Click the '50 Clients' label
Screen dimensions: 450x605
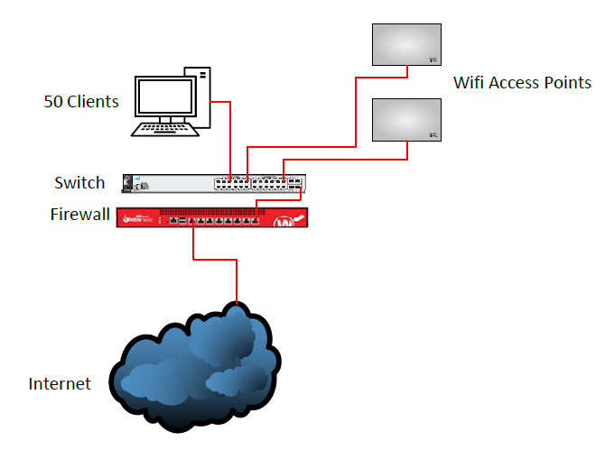[x=81, y=102]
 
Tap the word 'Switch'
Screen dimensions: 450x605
[x=79, y=183]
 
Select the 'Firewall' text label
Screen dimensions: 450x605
[x=79, y=215]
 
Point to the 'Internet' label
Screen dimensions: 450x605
[x=60, y=384]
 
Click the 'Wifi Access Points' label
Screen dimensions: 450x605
[x=522, y=83]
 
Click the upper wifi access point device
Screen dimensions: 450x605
[x=407, y=43]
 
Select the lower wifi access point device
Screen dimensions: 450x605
[x=407, y=119]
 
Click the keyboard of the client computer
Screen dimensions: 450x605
[x=165, y=129]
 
